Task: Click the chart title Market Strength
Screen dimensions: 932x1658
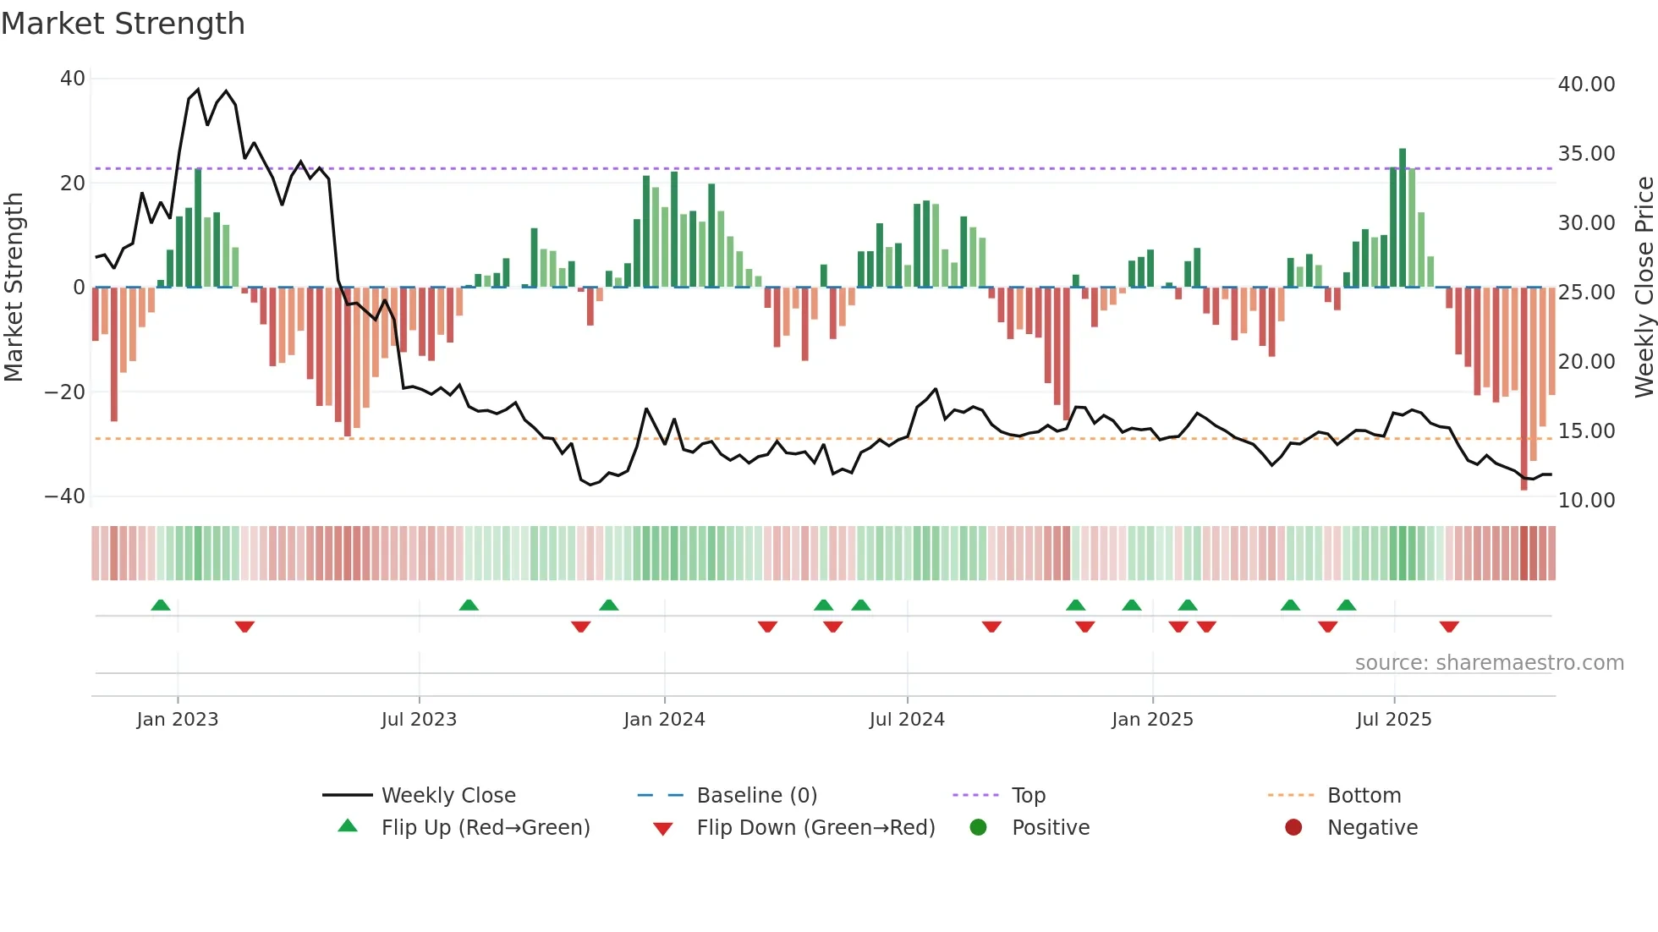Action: tap(123, 24)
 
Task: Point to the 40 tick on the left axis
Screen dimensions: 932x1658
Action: tap(73, 79)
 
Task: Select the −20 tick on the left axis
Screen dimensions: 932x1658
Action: tap(65, 392)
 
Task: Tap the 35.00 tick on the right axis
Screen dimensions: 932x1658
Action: tap(1586, 154)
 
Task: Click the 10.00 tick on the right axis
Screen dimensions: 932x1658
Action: tap(1586, 501)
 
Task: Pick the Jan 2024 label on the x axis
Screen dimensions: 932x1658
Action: tap(664, 720)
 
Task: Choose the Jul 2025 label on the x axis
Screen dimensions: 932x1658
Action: tap(1393, 720)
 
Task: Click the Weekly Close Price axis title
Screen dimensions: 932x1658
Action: tap(1644, 288)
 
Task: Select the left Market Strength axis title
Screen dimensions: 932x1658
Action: tap(14, 288)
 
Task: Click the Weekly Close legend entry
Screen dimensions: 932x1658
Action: tap(448, 796)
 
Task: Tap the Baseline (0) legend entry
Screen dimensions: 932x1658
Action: tap(756, 796)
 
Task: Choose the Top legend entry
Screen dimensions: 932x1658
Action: tap(1029, 796)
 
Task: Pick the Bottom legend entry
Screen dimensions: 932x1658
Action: tap(1364, 796)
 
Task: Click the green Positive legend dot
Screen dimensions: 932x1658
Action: tap(979, 828)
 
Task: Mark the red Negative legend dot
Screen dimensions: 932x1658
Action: tap(1293, 828)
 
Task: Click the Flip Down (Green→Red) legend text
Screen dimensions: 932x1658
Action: tap(815, 828)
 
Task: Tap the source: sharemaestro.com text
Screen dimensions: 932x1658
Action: tap(1489, 663)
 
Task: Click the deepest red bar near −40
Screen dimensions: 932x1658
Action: tap(1523, 389)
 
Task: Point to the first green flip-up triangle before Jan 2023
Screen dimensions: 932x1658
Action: tap(161, 605)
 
